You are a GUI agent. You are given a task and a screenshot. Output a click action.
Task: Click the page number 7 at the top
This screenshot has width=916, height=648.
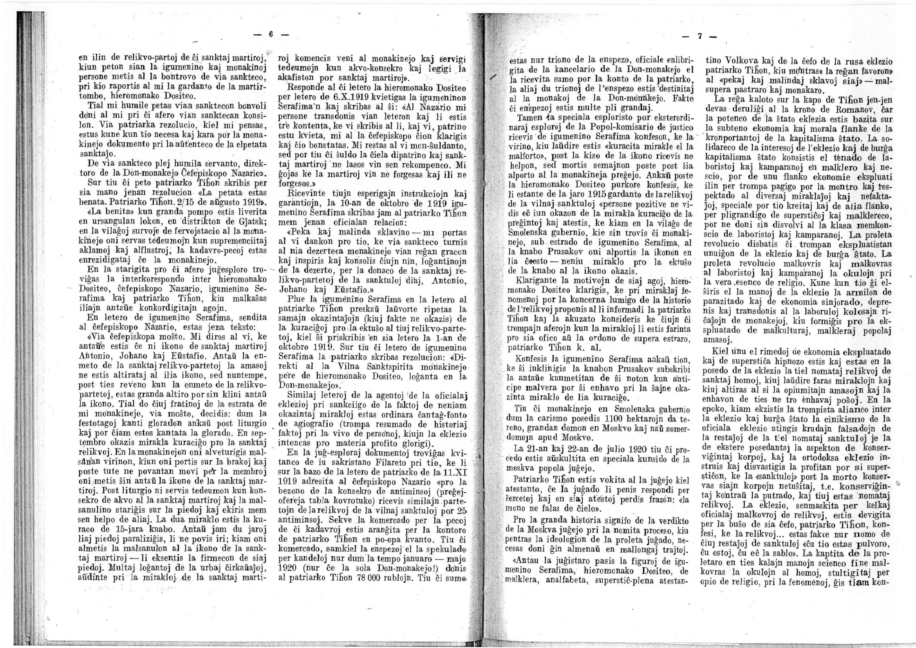699,37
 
